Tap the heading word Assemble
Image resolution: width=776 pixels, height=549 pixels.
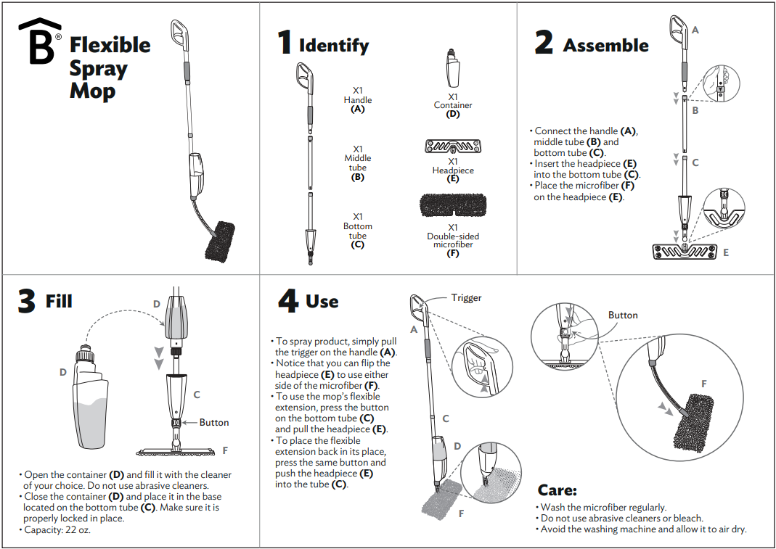(x=605, y=45)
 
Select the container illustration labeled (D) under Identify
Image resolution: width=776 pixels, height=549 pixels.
(x=452, y=69)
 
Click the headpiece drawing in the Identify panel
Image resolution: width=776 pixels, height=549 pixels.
(x=453, y=147)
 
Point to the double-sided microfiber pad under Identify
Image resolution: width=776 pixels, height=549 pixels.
(x=453, y=206)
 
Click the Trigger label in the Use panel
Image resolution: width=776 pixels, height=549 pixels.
(x=466, y=298)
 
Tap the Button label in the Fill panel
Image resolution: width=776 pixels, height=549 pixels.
(x=213, y=422)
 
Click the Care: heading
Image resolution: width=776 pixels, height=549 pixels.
(x=557, y=491)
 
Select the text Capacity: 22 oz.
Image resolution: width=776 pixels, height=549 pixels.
(x=58, y=529)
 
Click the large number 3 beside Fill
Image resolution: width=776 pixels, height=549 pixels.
(x=26, y=301)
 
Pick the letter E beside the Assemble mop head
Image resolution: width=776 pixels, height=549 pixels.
(x=725, y=253)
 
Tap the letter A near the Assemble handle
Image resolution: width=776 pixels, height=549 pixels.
(x=695, y=30)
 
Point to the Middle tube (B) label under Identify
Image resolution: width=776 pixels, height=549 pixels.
(x=357, y=162)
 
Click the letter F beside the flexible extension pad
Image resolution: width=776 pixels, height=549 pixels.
(x=703, y=384)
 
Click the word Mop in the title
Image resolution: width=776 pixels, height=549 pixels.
(x=92, y=92)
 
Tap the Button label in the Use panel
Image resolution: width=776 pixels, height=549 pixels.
(x=622, y=315)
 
